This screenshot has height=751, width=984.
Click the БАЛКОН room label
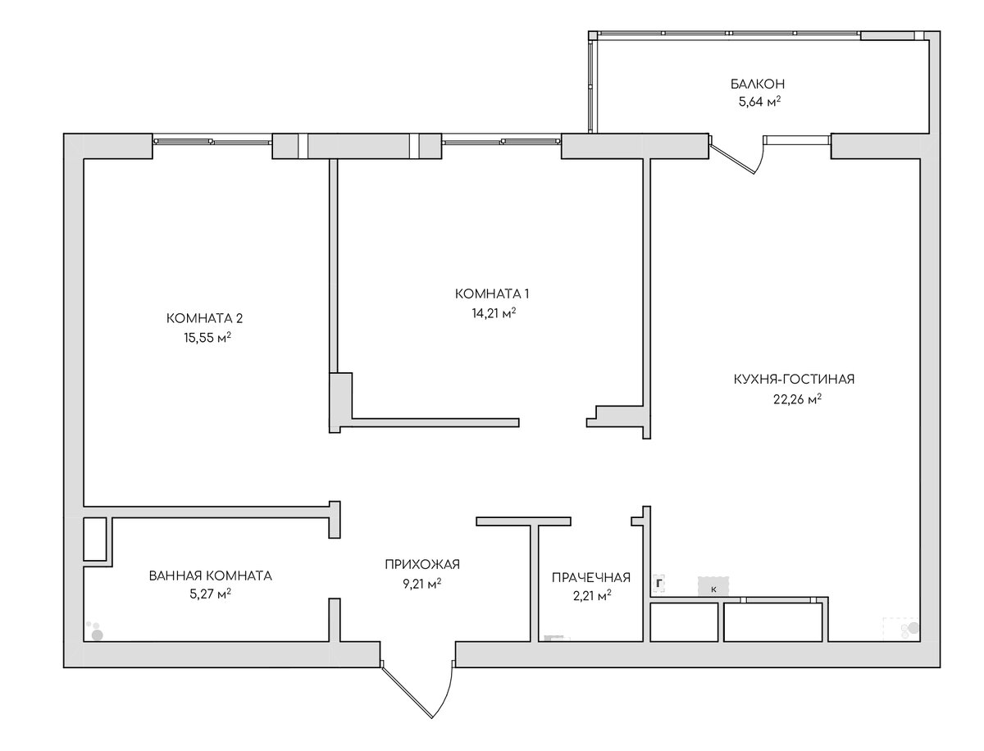point(757,84)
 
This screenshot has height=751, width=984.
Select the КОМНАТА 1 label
point(492,294)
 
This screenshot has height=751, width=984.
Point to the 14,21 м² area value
point(494,312)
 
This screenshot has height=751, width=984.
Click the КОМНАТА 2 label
point(204,319)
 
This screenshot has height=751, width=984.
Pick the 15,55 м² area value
point(207,337)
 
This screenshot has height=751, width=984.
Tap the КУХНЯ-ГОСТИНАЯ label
point(794,380)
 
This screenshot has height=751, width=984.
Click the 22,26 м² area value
point(797,398)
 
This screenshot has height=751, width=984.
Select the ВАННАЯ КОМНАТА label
point(210,576)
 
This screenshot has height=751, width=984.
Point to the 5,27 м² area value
point(210,594)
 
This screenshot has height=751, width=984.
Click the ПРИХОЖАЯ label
point(422,565)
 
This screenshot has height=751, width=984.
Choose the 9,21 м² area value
point(421,584)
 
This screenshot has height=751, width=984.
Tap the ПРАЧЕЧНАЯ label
point(591,578)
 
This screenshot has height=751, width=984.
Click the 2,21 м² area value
point(592,596)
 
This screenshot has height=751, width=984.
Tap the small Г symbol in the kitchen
point(658,584)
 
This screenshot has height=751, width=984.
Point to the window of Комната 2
point(212,142)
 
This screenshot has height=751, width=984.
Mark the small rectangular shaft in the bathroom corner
point(95,539)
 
